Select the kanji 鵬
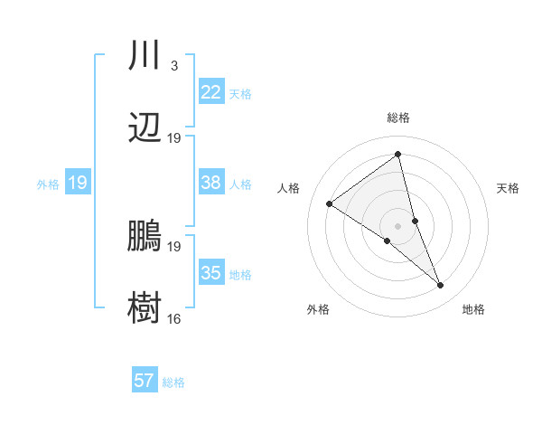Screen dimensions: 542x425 [145, 237]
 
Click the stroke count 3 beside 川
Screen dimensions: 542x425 [173, 66]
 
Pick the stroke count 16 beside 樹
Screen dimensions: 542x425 [174, 318]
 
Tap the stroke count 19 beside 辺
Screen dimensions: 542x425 [174, 138]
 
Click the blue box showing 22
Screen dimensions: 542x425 [210, 91]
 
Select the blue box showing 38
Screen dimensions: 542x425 [210, 183]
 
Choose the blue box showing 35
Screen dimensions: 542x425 [210, 273]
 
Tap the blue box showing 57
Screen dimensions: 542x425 [144, 381]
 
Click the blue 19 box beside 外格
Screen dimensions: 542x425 [77, 184]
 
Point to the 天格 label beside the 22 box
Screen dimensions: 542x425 [240, 93]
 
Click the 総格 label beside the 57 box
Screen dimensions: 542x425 [173, 382]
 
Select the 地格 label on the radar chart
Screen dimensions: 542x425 [473, 310]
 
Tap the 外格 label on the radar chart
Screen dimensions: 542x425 [318, 310]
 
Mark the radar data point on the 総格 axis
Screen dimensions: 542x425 [397, 155]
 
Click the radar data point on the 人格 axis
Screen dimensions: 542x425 [330, 203]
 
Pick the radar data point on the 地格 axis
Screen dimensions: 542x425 [440, 286]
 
